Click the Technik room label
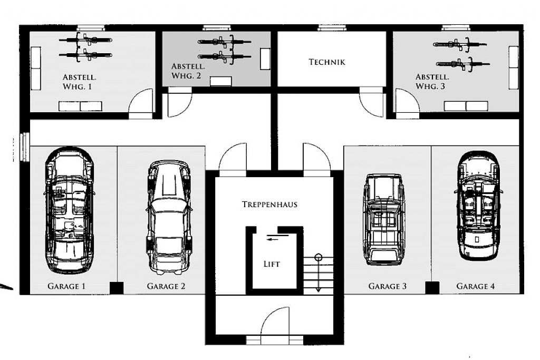(x=327, y=62)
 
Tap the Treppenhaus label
(x=269, y=204)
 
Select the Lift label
(x=272, y=264)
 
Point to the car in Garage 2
(x=169, y=217)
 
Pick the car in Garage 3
(x=384, y=219)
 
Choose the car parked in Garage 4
(x=479, y=206)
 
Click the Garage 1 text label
(x=66, y=286)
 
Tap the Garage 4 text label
(x=476, y=286)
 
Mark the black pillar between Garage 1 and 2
(x=117, y=288)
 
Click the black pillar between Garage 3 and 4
(x=432, y=288)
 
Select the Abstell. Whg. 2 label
(x=188, y=71)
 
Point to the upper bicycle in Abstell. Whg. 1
(x=85, y=40)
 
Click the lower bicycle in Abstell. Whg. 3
(x=462, y=64)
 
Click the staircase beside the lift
(x=318, y=275)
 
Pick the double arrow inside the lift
(x=277, y=238)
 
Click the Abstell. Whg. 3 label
(x=432, y=82)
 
